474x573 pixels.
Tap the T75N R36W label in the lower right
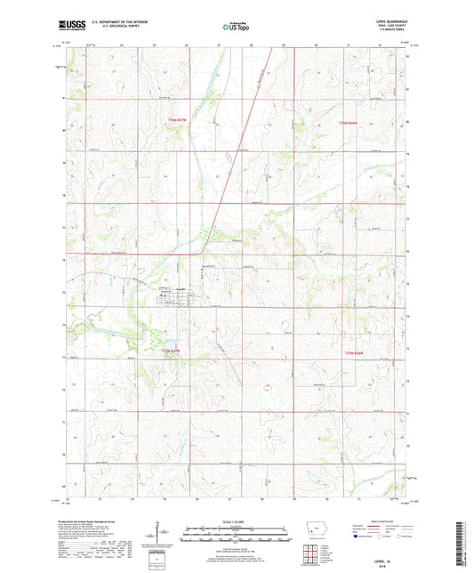357,353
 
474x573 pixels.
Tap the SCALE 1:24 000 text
237,521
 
